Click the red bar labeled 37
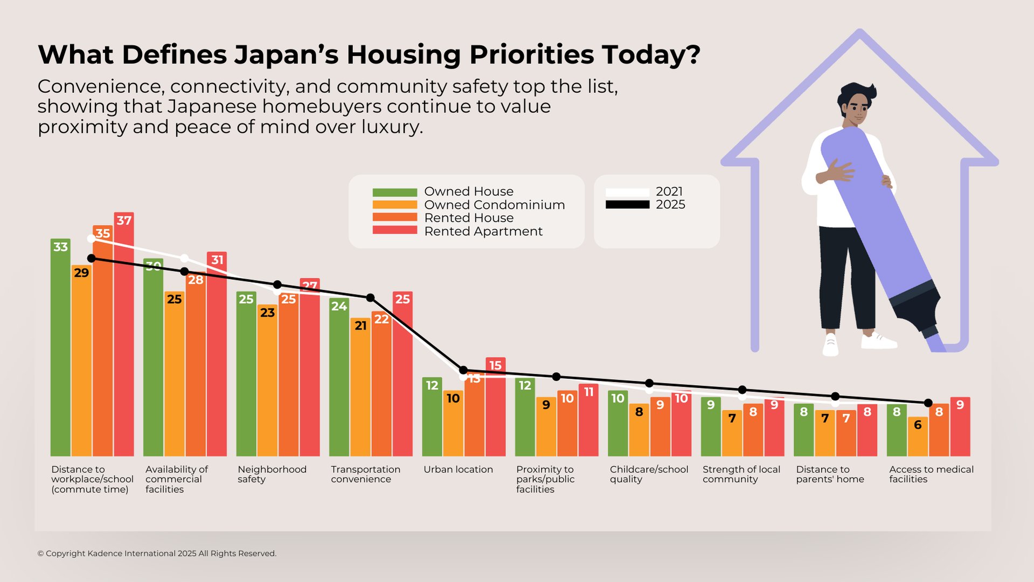124,334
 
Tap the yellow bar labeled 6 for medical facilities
918,436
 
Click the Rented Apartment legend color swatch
394,230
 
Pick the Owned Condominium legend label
494,205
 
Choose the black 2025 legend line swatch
627,204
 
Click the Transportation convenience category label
365,474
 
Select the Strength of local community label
741,474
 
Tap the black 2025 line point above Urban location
463,370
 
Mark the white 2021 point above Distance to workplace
91,238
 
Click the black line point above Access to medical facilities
928,403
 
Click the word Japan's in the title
285,55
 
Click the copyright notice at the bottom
157,553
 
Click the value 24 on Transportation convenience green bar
339,306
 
